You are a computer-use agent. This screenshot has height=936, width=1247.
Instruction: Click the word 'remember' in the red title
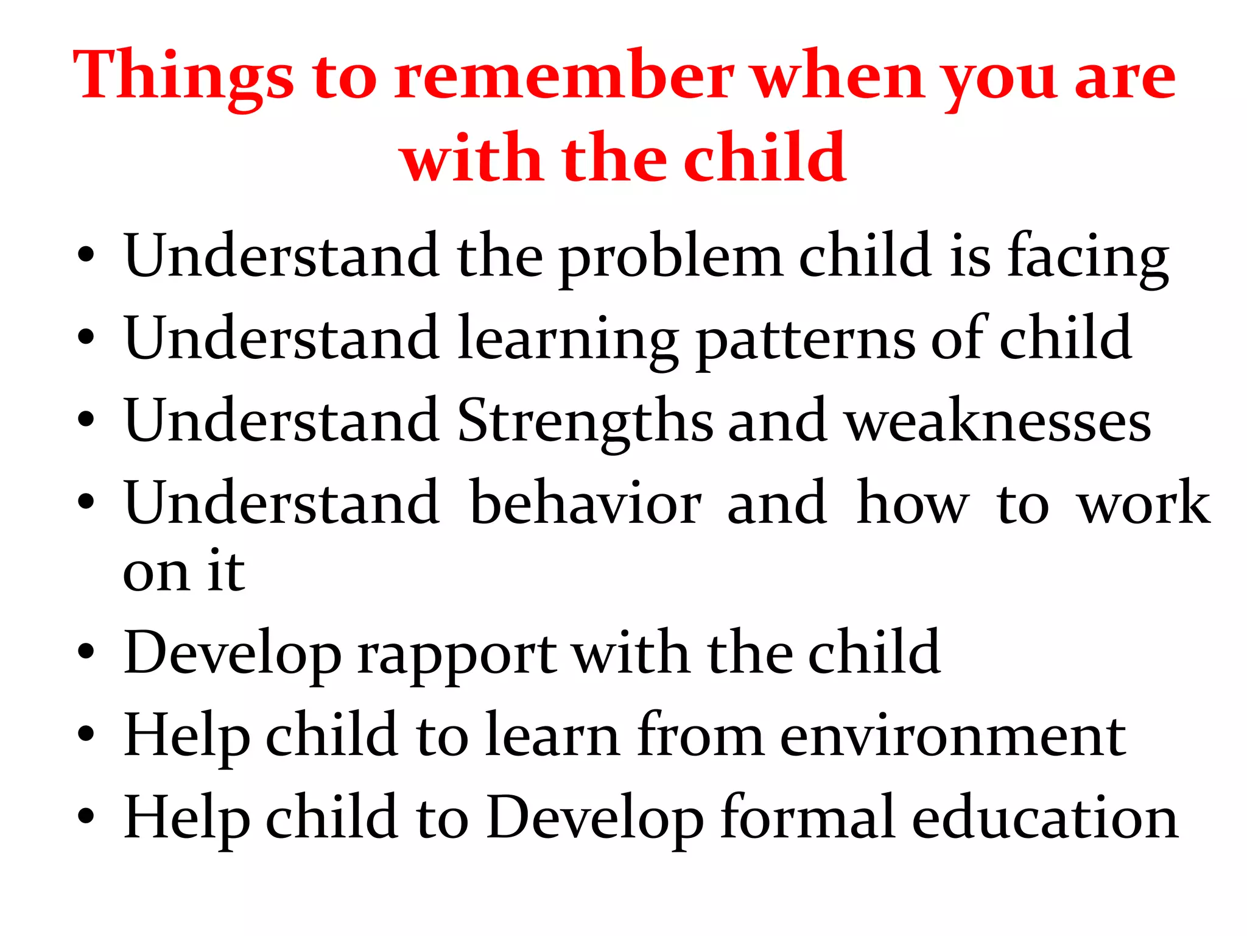[x=563, y=76]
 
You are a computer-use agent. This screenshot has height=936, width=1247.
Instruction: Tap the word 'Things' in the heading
[x=183, y=76]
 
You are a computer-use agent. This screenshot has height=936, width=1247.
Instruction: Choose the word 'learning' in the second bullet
[x=567, y=339]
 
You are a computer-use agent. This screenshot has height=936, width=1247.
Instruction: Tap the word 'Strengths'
[x=585, y=421]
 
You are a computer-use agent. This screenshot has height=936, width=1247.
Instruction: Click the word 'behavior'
[x=586, y=503]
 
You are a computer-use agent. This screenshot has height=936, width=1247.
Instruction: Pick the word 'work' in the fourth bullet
[x=1143, y=503]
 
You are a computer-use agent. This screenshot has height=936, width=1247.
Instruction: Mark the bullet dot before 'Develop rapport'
[x=86, y=651]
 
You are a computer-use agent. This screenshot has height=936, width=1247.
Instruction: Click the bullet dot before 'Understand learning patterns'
[x=86, y=337]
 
